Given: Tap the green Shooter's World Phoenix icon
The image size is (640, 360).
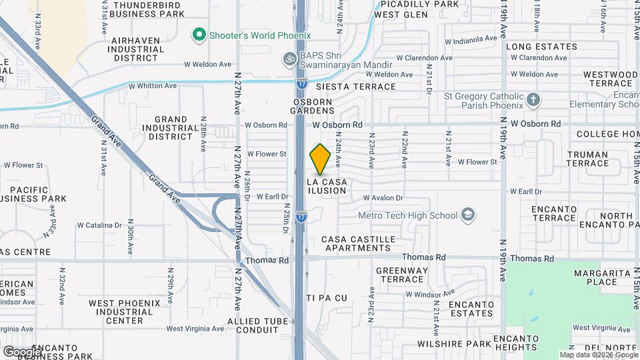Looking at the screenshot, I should coord(198,33).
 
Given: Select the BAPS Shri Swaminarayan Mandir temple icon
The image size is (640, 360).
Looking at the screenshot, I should coord(289,58).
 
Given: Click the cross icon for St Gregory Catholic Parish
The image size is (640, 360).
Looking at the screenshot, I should coord(533,101).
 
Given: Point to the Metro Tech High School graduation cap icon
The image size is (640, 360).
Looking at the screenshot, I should coord(468,215).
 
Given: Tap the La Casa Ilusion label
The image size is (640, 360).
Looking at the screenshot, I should coord(327,186).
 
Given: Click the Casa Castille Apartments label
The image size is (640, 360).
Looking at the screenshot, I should coord(358,243).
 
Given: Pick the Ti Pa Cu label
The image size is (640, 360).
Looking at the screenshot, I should coord(327,297).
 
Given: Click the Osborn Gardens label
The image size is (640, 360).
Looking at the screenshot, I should coord(313,106).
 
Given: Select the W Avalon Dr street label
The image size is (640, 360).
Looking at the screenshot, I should coord(383,198).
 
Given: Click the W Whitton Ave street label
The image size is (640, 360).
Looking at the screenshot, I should coord(153,86).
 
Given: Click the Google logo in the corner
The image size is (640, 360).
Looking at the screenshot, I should coord(21,351).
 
